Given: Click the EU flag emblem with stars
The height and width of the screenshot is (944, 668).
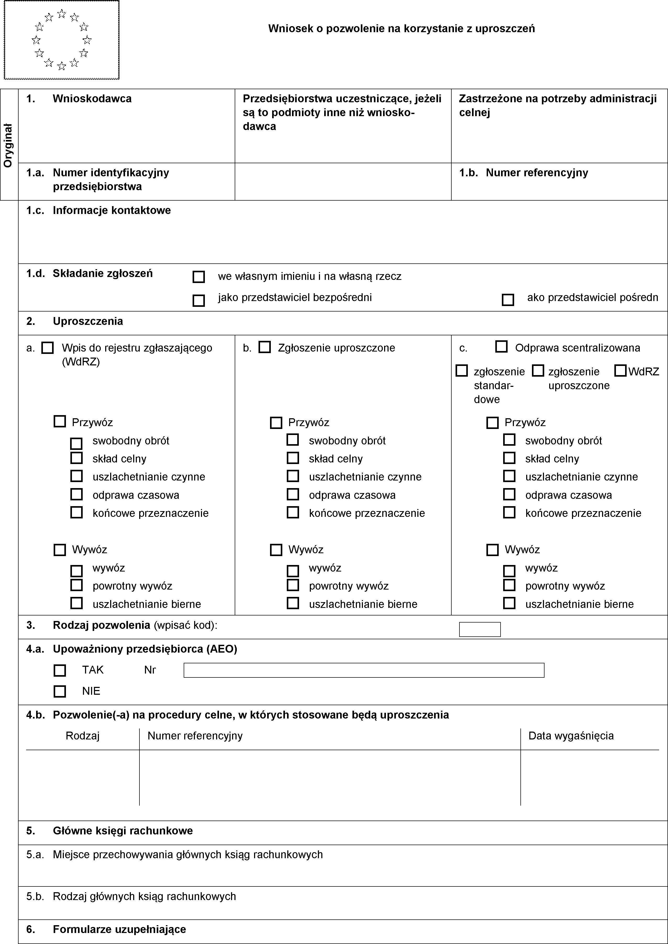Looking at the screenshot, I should [x=62, y=40].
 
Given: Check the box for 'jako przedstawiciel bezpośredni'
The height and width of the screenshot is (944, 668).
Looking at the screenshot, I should [x=199, y=301].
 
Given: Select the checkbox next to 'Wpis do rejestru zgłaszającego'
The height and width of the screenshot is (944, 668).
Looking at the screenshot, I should [x=48, y=348].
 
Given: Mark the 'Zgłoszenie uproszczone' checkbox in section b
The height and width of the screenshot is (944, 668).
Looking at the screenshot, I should [x=265, y=347].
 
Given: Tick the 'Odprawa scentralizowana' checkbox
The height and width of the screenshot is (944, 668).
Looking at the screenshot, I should [x=501, y=347].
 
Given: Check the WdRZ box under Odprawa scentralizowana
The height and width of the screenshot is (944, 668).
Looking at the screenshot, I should [x=620, y=371].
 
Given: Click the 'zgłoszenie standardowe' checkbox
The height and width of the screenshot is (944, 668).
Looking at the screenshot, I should [x=462, y=371].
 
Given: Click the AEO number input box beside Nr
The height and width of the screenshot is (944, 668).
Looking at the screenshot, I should [x=364, y=670].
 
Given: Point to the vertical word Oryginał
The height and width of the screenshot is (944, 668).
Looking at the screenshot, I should [x=8, y=145].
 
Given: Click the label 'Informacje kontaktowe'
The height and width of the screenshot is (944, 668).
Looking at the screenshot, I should [x=112, y=211].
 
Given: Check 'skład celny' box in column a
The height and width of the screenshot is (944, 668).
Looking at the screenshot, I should [x=76, y=458].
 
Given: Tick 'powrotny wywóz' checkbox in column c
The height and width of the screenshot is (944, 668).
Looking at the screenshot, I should [x=509, y=585].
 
